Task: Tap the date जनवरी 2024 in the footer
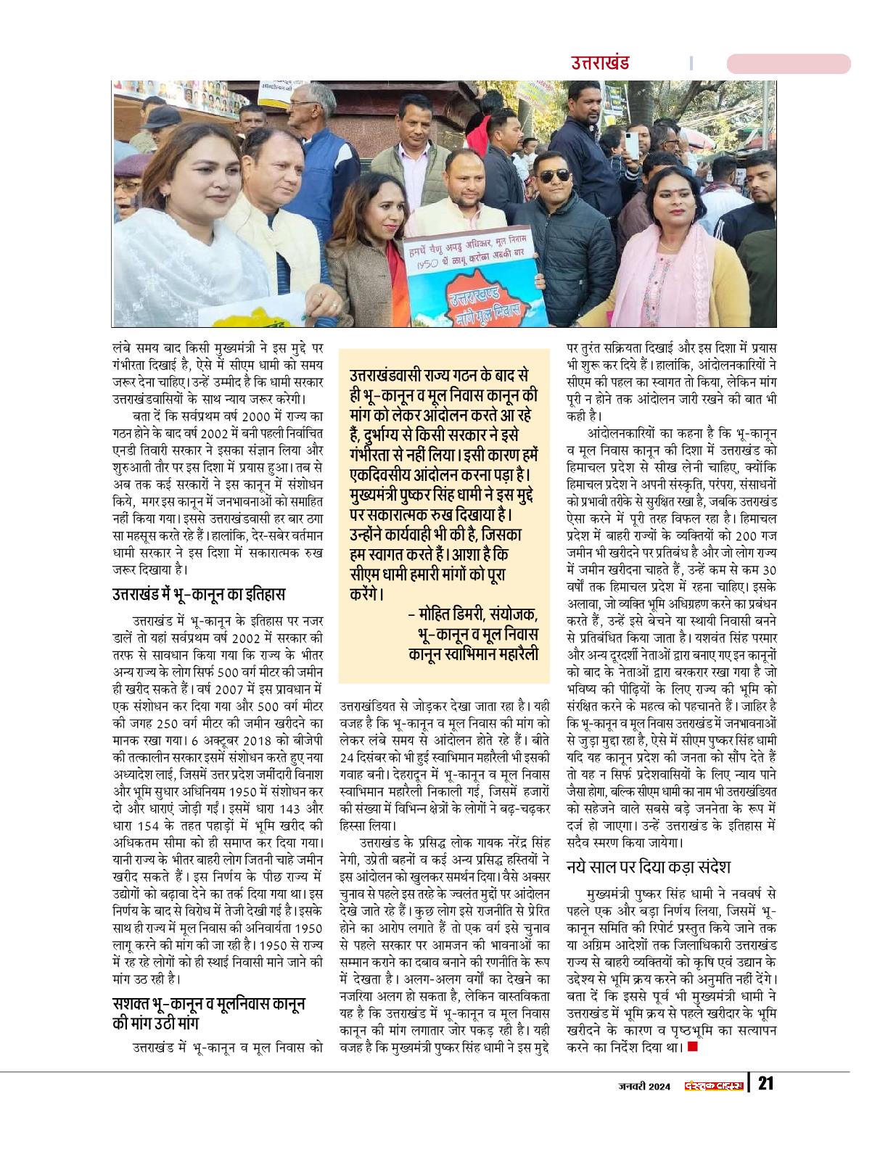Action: [x=644, y=1085]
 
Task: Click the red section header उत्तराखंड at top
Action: [x=600, y=62]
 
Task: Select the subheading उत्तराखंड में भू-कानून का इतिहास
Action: [x=198, y=594]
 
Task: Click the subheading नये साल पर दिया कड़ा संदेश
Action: [x=648, y=866]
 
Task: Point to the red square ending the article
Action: [x=691, y=1046]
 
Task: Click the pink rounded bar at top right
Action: [x=788, y=64]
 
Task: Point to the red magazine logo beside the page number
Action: [x=714, y=1085]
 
